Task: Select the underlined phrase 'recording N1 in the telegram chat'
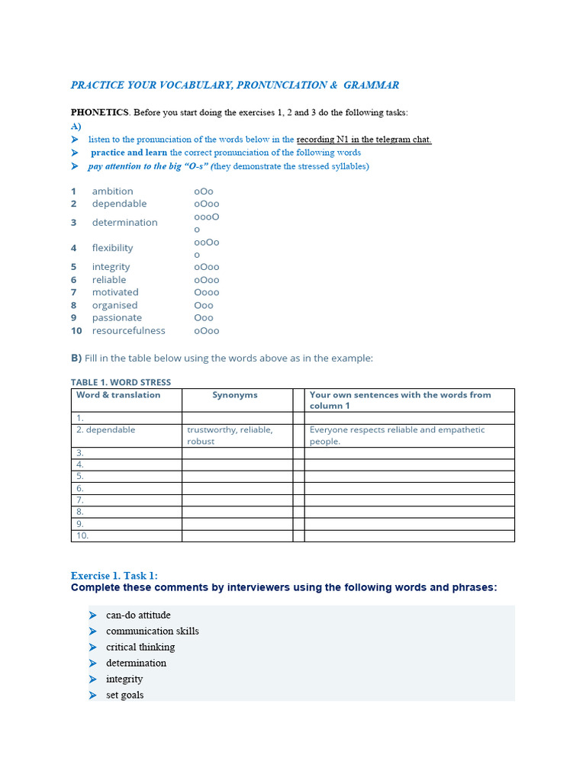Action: coord(363,140)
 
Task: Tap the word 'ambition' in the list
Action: coord(112,191)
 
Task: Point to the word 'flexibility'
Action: coord(112,248)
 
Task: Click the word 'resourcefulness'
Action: coord(128,331)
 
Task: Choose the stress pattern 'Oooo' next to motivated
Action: coord(206,293)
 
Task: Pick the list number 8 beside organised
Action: coord(74,306)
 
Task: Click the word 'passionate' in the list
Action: coord(117,318)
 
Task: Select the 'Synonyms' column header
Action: coord(235,395)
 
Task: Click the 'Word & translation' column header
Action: coord(118,395)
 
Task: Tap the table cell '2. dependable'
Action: coord(106,430)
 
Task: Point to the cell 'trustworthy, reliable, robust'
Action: coord(230,435)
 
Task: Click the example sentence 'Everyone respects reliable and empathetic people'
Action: coord(397,435)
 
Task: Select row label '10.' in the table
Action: coord(82,536)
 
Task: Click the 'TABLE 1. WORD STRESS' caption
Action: coord(121,382)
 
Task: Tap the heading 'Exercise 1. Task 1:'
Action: coord(114,576)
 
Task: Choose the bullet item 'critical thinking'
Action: coord(140,648)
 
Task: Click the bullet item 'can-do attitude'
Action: coord(138,615)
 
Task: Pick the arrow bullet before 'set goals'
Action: coord(93,696)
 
